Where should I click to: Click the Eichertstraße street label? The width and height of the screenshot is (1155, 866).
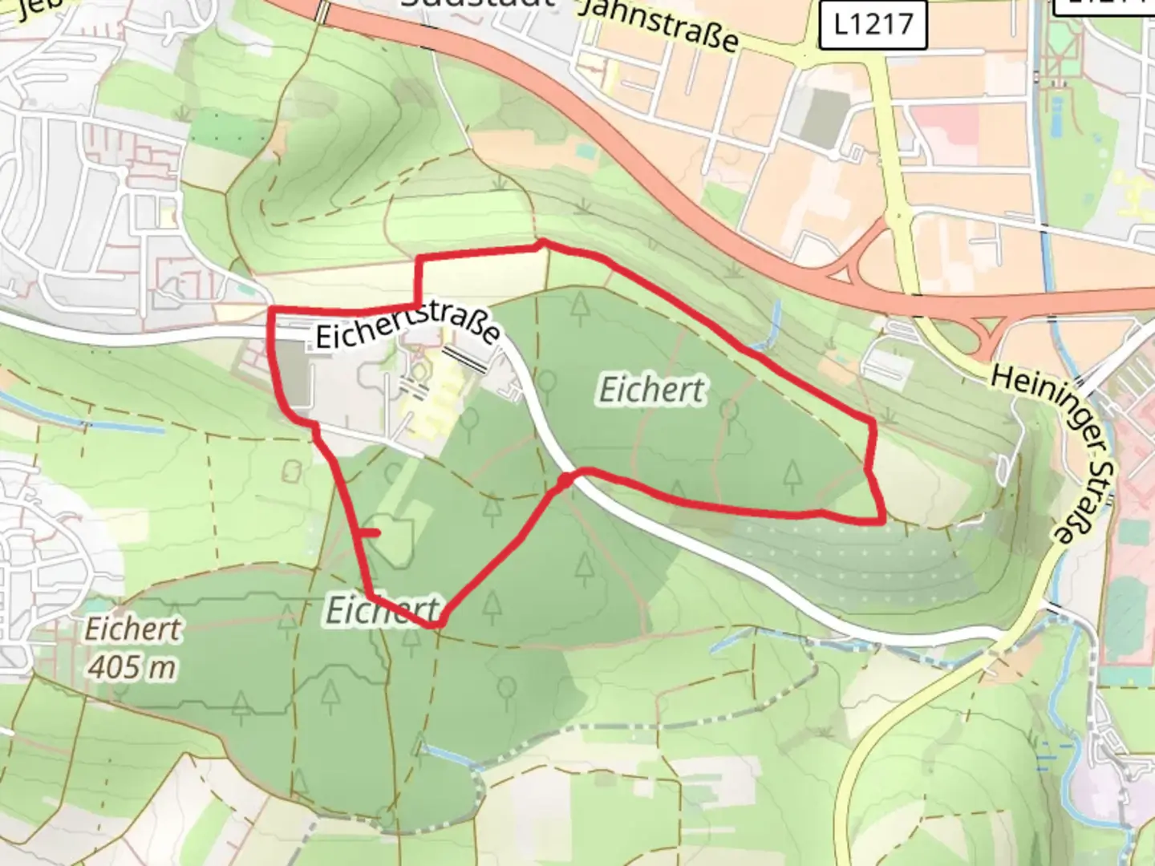click(407, 326)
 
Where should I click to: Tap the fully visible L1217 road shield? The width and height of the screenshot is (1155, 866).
click(873, 24)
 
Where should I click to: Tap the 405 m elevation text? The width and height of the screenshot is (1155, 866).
click(132, 666)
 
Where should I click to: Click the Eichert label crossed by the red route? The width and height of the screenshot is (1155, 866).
click(383, 611)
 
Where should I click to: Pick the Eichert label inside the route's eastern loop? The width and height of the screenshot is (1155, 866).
click(652, 391)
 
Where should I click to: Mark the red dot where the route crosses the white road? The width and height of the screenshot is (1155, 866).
click(565, 480)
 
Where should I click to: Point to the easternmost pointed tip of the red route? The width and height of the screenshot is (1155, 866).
click(883, 519)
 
